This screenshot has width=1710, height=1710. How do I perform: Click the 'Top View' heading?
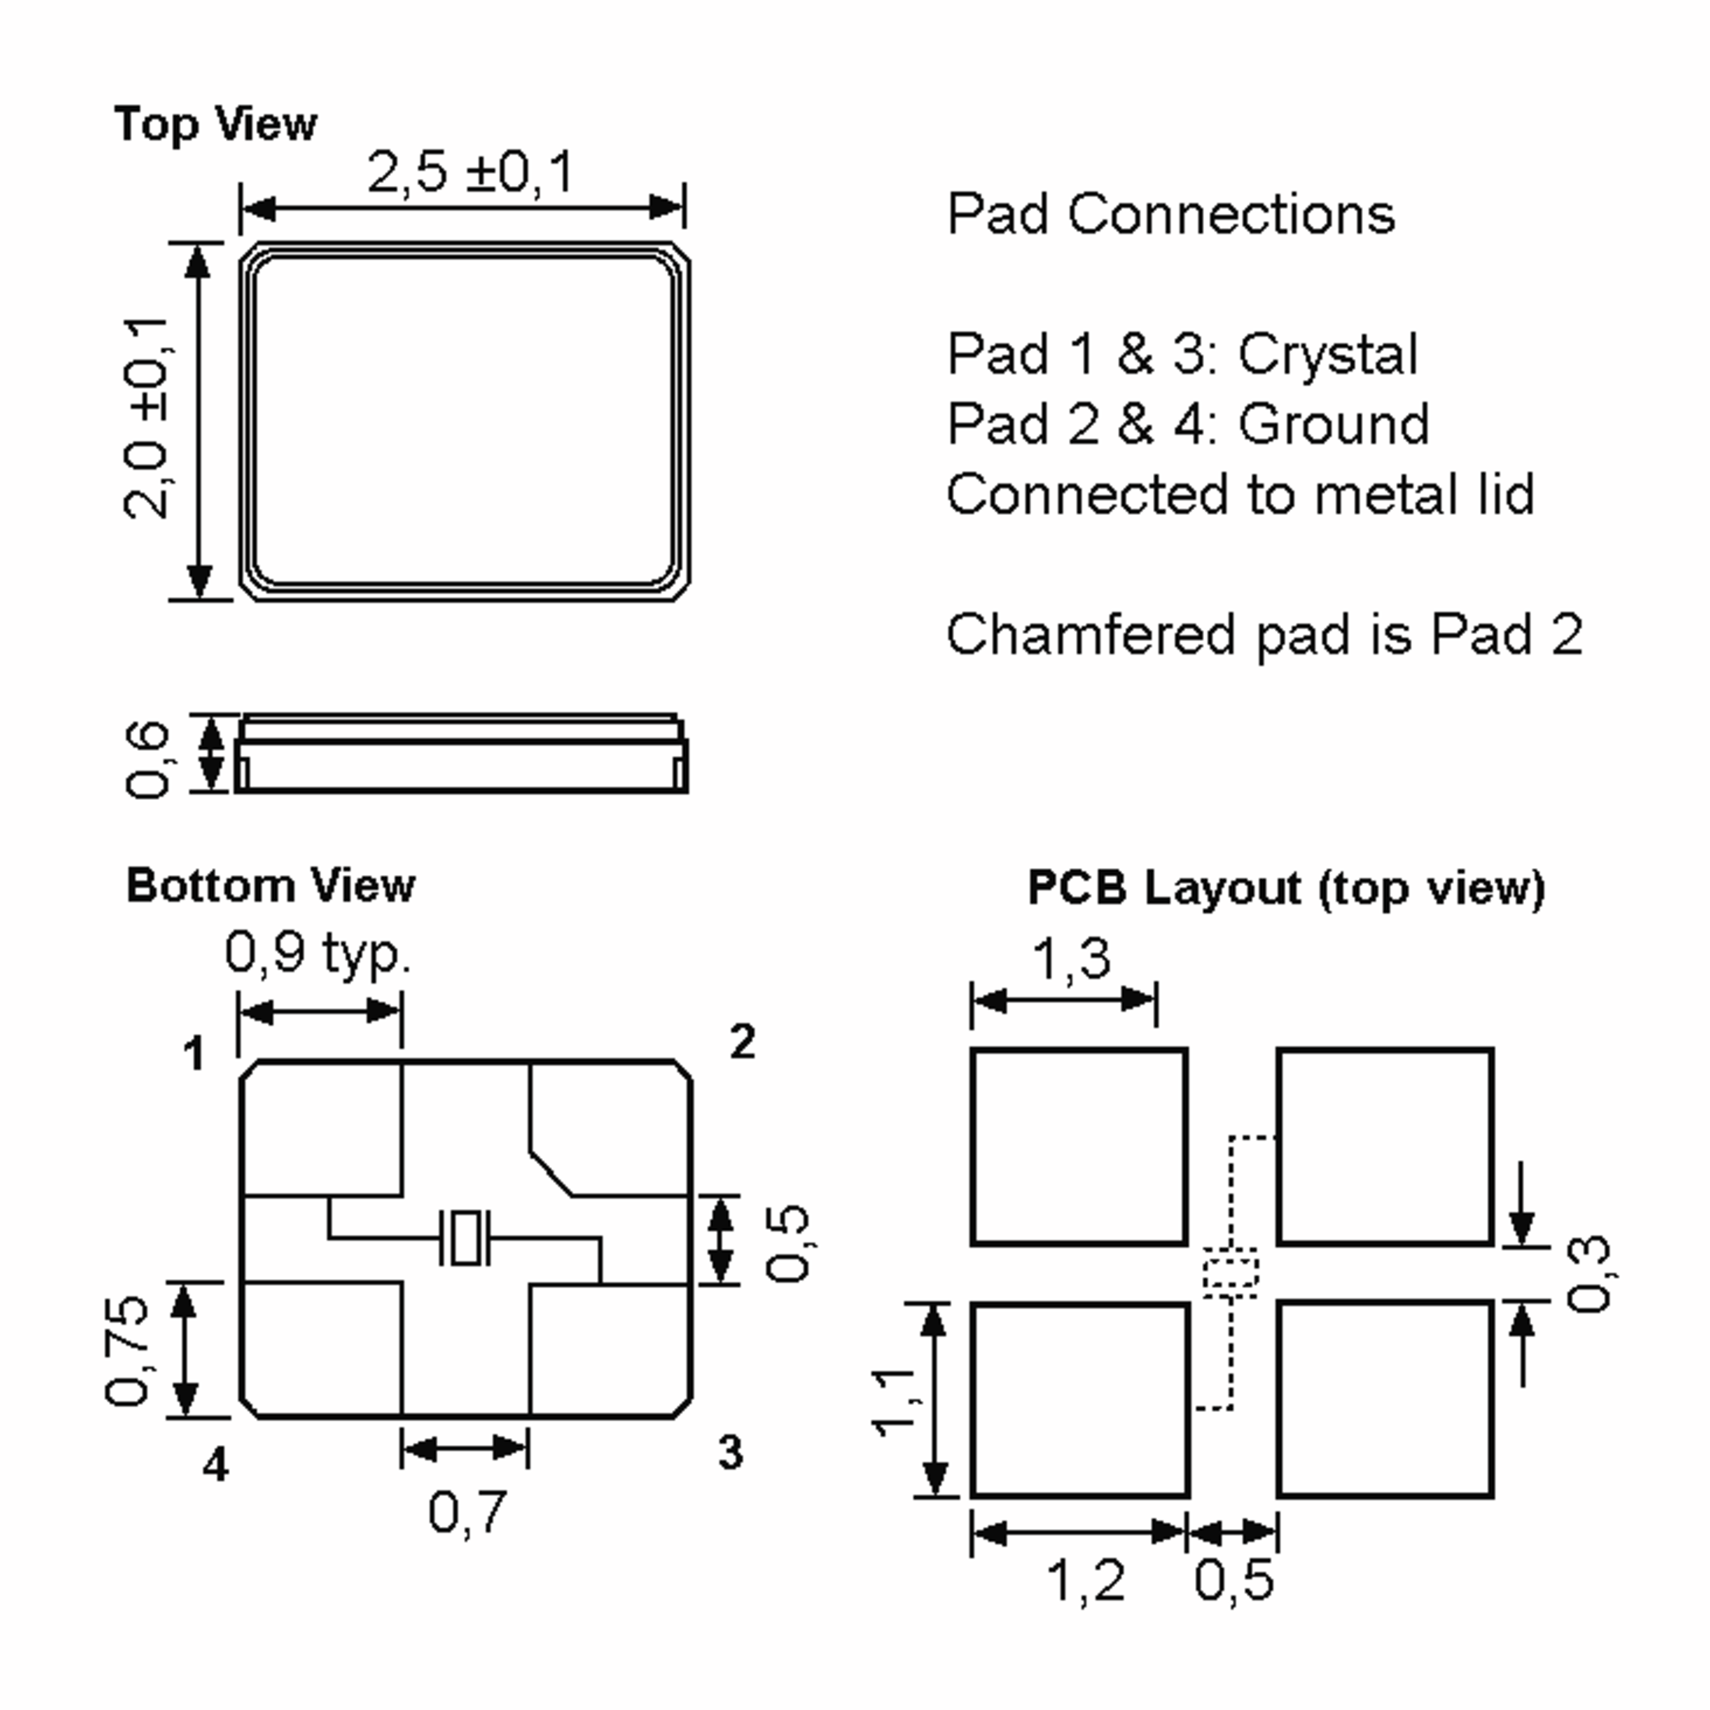[x=215, y=124]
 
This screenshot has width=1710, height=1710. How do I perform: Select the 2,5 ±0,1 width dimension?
[x=470, y=172]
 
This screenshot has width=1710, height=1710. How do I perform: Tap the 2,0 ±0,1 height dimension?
[x=146, y=417]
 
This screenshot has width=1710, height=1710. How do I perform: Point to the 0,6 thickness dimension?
[x=147, y=759]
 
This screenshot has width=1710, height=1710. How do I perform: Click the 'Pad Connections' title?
[x=1170, y=214]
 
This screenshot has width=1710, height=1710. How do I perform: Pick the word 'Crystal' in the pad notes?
[x=1327, y=355]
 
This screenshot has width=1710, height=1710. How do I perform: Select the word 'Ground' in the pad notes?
[x=1333, y=424]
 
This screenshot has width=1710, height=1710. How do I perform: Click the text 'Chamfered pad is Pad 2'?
[x=1264, y=635]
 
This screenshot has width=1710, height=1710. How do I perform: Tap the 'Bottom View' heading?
[x=270, y=885]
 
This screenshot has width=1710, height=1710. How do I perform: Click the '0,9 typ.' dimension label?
[x=318, y=953]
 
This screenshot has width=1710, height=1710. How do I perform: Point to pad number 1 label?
[x=194, y=1053]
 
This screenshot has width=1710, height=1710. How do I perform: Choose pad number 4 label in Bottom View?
[x=215, y=1465]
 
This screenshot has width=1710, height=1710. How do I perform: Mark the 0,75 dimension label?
[x=128, y=1349]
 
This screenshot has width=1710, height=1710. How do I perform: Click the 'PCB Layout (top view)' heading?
[x=1285, y=887]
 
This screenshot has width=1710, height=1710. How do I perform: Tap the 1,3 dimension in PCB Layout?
[x=1071, y=958]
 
